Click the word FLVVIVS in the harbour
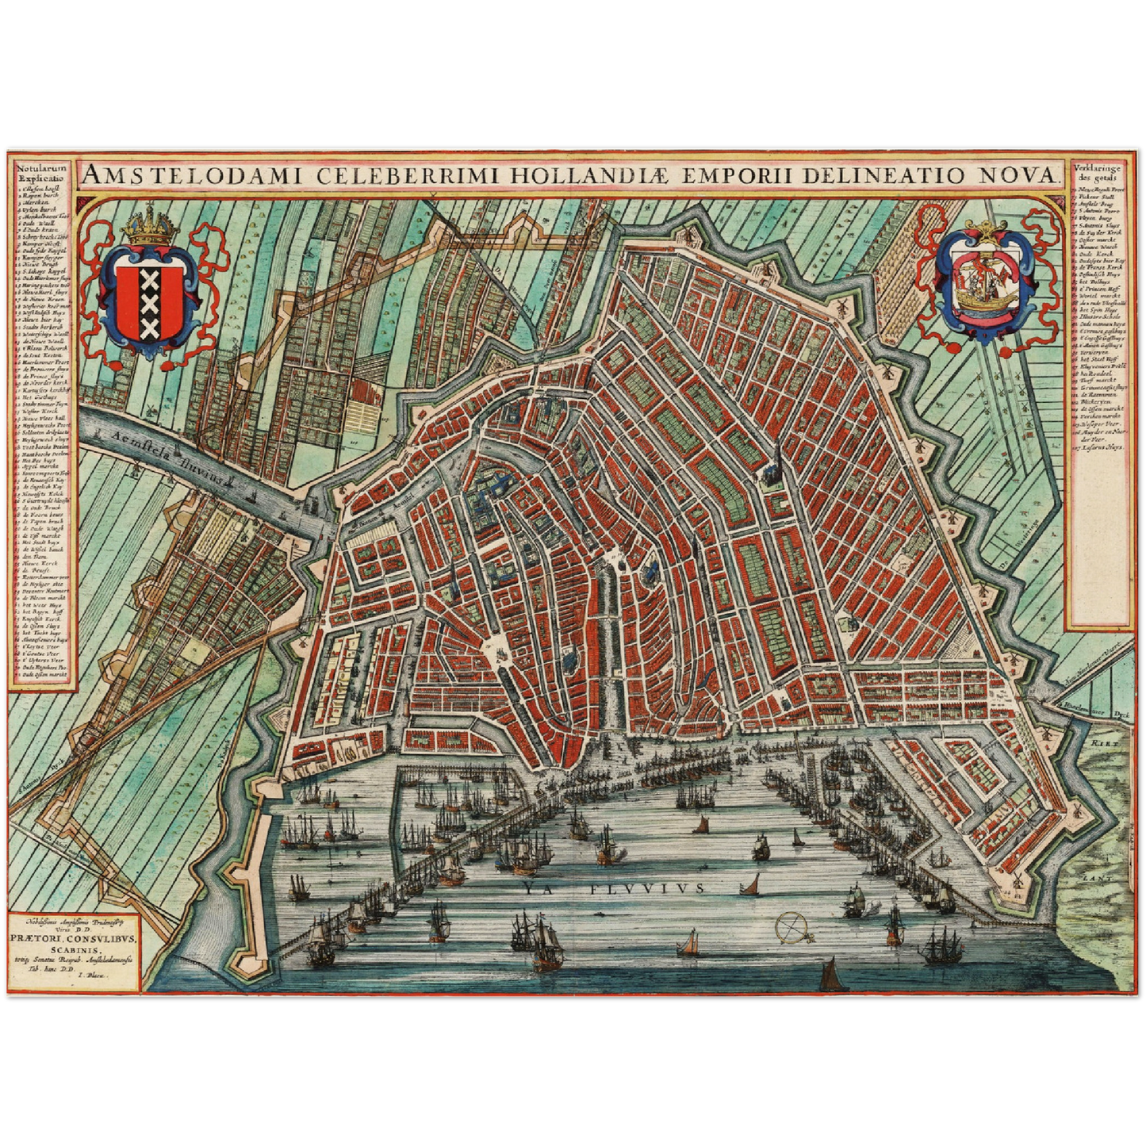pos(647,888)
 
